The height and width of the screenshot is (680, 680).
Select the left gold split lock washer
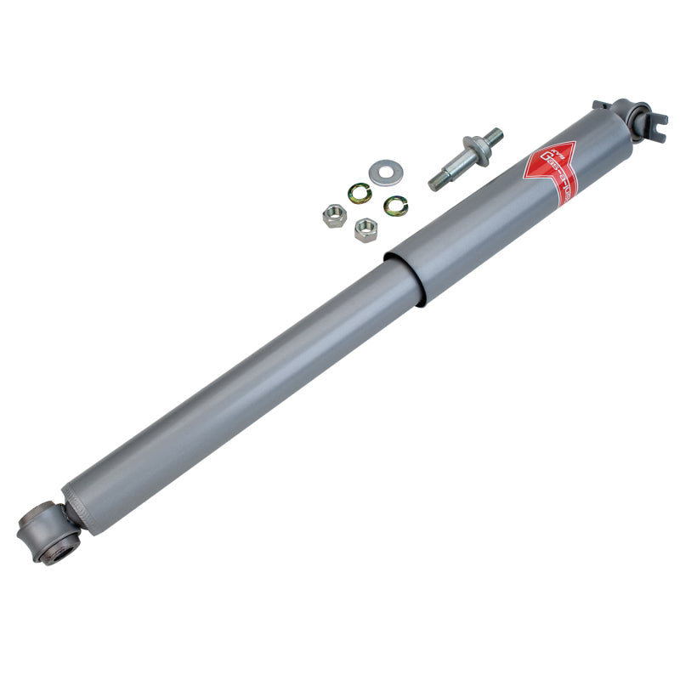point(360,194)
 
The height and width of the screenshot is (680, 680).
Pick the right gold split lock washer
point(395,205)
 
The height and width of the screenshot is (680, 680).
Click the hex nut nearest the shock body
point(366,229)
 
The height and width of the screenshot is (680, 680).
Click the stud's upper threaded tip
point(492,136)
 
